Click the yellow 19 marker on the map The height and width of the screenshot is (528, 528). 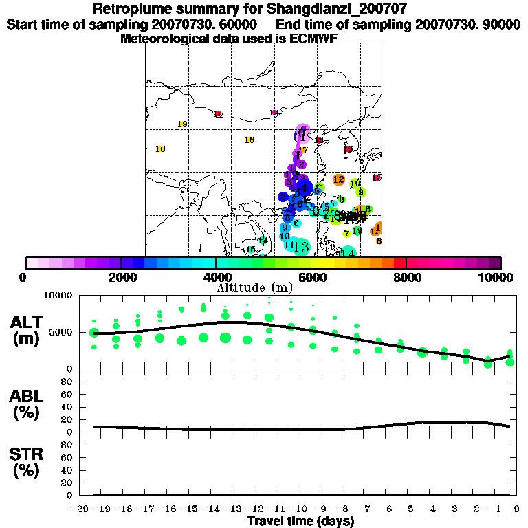tap(182, 124)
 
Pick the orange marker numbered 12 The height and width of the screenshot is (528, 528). tap(338, 179)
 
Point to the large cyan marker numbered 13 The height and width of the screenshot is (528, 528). tap(301, 246)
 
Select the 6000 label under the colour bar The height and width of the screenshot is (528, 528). tap(311, 277)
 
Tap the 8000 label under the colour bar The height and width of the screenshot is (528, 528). tap(406, 277)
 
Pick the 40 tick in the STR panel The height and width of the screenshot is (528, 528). tap(68, 470)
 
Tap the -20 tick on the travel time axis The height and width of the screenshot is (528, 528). tap(80, 509)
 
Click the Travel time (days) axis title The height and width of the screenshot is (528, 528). tap(300, 521)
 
